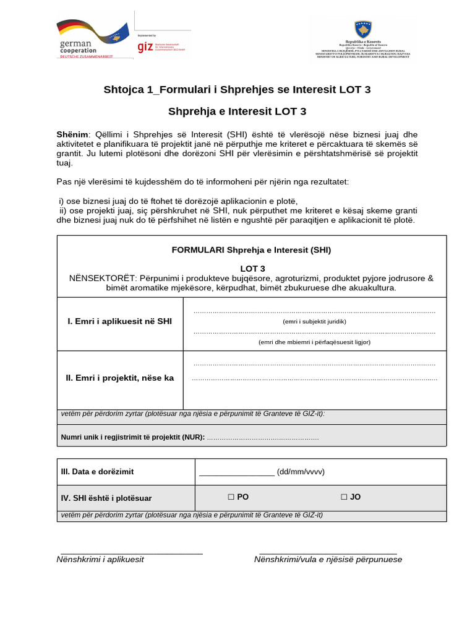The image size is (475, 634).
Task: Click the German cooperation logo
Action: (93, 38)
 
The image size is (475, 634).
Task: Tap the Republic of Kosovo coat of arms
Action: (363, 29)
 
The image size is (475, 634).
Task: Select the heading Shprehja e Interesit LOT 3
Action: (237, 111)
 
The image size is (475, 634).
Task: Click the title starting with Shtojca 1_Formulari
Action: (237, 90)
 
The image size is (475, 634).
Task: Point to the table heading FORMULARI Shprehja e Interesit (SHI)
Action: (251, 250)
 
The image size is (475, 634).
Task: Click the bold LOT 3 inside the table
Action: (252, 268)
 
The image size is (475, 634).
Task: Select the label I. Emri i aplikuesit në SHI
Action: (120, 321)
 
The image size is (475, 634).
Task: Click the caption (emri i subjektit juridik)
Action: (314, 321)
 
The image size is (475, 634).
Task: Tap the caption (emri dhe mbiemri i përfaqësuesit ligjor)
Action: (314, 342)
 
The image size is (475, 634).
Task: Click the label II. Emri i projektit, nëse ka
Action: (120, 377)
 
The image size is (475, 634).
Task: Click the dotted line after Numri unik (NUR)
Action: (263, 438)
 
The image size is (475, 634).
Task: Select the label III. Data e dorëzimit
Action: (97, 472)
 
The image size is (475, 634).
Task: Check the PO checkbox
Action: (231, 497)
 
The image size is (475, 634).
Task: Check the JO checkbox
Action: (344, 497)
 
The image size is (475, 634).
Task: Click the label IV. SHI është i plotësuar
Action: (106, 498)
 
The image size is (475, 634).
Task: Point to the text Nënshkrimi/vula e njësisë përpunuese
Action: (328, 560)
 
